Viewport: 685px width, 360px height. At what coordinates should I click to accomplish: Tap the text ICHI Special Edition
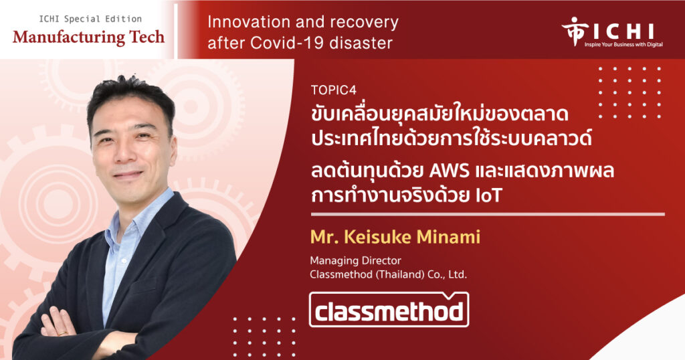(90, 19)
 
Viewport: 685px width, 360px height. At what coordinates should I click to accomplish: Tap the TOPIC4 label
(334, 90)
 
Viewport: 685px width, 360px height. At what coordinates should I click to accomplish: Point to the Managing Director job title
(355, 260)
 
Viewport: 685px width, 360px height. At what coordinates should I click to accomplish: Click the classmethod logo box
(389, 310)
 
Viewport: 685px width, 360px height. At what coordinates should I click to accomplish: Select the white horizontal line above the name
(488, 215)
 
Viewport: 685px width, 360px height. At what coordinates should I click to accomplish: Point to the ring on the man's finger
(62, 333)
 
